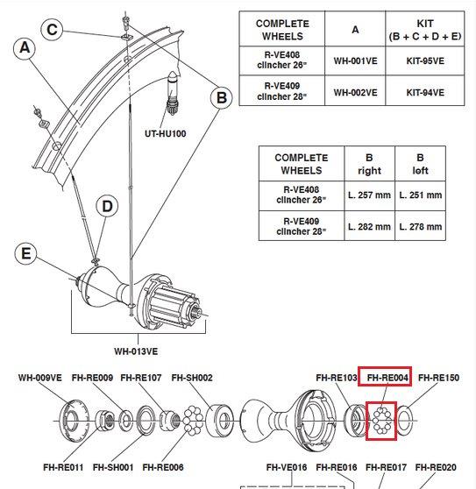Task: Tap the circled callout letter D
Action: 107,207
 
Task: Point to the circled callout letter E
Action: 25,255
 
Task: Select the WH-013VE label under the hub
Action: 136,352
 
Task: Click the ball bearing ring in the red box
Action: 382,420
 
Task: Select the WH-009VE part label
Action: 40,379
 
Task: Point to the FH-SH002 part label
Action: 192,379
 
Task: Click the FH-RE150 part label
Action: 438,379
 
